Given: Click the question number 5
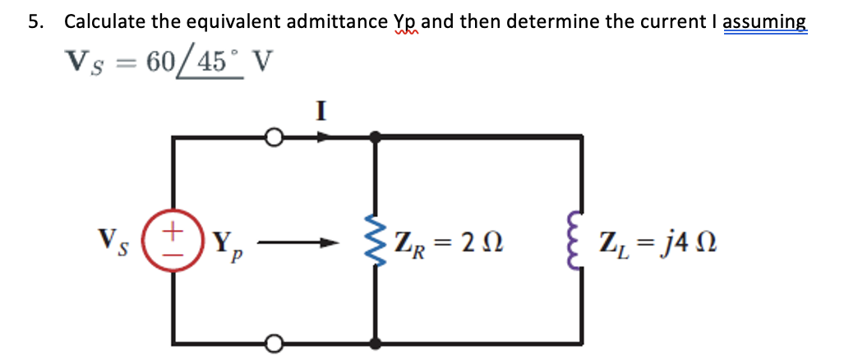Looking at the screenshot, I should [x=35, y=22].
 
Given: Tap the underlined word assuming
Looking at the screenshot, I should [x=765, y=22].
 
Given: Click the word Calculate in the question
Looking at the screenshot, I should [x=104, y=22].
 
